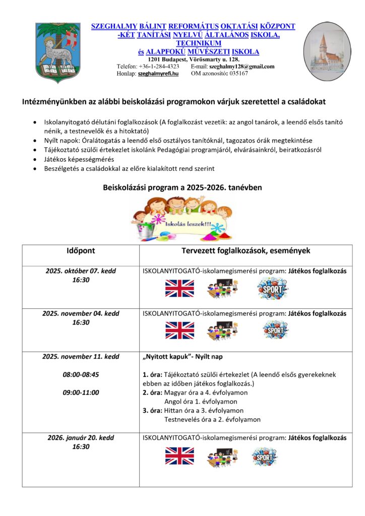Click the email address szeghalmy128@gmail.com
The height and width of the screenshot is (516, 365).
(x=241, y=67)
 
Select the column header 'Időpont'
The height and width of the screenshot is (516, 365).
(x=81, y=250)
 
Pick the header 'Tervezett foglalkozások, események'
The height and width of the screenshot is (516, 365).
(x=246, y=250)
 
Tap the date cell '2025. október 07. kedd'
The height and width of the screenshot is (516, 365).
(x=81, y=271)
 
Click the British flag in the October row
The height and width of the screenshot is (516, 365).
(x=179, y=288)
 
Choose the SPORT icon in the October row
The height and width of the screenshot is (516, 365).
(x=273, y=289)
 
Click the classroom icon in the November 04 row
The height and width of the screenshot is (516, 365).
(x=222, y=330)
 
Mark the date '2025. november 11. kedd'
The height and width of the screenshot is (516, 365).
(x=81, y=356)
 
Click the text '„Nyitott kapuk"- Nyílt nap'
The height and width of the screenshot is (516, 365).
(x=183, y=357)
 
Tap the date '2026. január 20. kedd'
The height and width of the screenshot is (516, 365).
(x=81, y=438)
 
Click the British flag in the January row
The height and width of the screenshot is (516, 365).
(x=179, y=456)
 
